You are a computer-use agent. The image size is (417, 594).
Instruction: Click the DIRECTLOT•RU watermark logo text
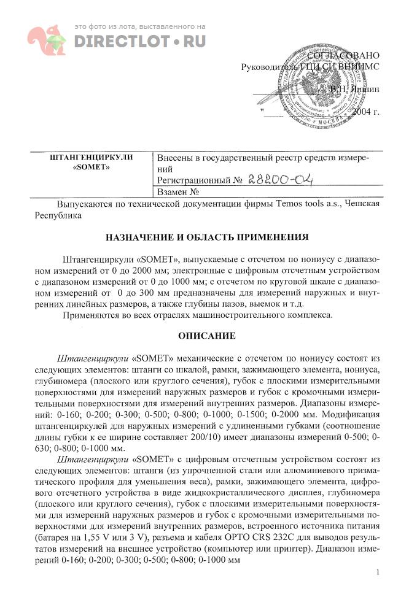(139, 41)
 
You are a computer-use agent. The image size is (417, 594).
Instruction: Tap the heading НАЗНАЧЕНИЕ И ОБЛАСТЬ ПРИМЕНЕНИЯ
(208, 237)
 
